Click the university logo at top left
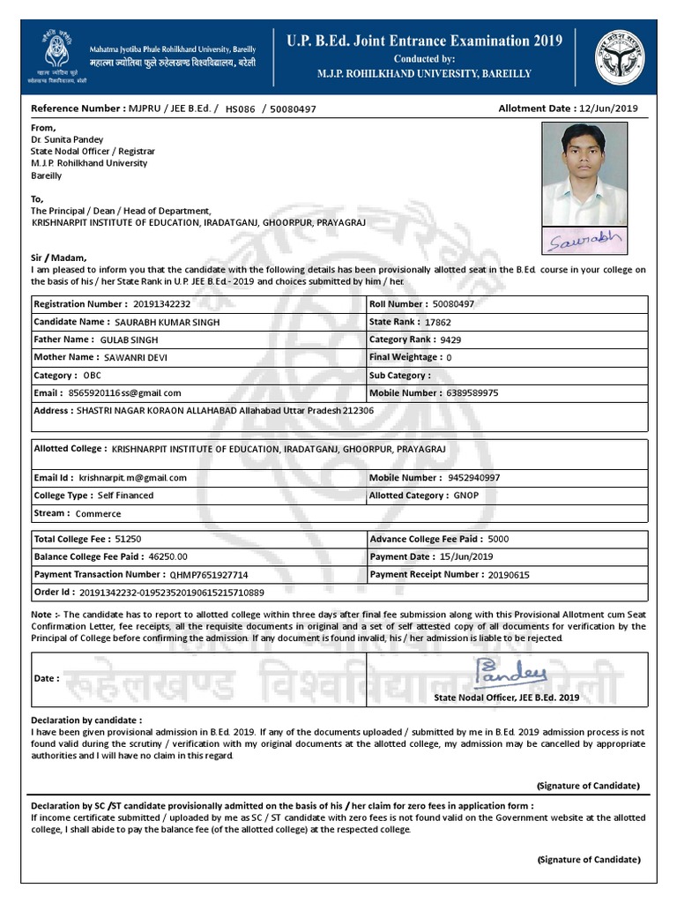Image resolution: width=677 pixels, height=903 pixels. pyautogui.click(x=57, y=55)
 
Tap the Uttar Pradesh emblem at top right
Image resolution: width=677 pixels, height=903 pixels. pyautogui.click(x=619, y=55)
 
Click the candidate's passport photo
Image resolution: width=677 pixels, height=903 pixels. pyautogui.click(x=584, y=173)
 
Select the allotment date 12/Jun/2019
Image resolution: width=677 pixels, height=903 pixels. pyautogui.click(x=609, y=108)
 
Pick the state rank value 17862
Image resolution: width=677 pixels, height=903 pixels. pyautogui.click(x=437, y=322)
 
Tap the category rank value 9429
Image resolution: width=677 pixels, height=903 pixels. pyautogui.click(x=450, y=340)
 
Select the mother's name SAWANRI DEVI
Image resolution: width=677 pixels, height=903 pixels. pyautogui.click(x=136, y=357)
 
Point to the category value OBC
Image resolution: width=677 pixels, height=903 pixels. pyautogui.click(x=93, y=375)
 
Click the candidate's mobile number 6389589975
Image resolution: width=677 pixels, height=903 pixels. pyautogui.click(x=472, y=392)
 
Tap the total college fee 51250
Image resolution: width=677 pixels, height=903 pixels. pyautogui.click(x=129, y=539)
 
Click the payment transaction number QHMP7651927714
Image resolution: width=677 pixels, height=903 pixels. pyautogui.click(x=215, y=574)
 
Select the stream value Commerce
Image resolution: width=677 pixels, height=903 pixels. pyautogui.click(x=99, y=513)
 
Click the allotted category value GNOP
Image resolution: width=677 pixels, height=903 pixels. pyautogui.click(x=466, y=496)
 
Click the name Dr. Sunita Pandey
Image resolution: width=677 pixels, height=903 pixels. pyautogui.click(x=67, y=139)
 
